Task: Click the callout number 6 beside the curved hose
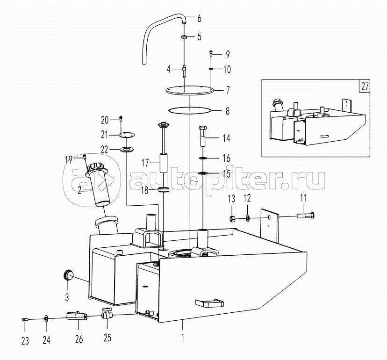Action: click(199, 19)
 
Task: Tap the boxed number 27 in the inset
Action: click(365, 86)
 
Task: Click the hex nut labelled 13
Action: click(232, 218)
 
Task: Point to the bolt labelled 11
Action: click(306, 216)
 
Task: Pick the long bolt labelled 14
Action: click(203, 136)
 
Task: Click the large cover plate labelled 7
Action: click(190, 90)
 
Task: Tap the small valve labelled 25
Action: click(107, 314)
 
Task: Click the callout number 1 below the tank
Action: click(183, 337)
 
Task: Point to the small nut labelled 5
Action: click(184, 37)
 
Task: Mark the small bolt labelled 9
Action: click(211, 53)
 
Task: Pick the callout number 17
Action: click(145, 163)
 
